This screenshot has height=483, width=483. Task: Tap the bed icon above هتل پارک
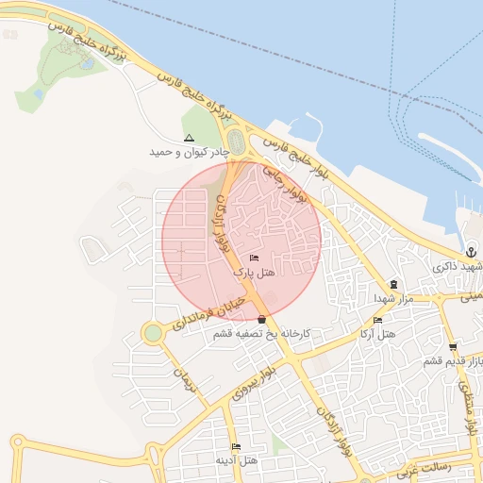pyautogui.click(x=253, y=258)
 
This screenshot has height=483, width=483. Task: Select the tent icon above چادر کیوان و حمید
pyautogui.click(x=189, y=138)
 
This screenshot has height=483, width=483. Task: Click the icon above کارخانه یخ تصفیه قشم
pyautogui.click(x=261, y=320)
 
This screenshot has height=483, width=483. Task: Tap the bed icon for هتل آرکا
pyautogui.click(x=377, y=320)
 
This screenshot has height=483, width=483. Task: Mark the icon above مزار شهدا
pyautogui.click(x=393, y=284)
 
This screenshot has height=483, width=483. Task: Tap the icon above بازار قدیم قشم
pyautogui.click(x=454, y=347)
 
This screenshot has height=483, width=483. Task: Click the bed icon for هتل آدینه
pyautogui.click(x=236, y=446)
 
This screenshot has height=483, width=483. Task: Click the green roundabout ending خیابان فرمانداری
pyautogui.click(x=152, y=333)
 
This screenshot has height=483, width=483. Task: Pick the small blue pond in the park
pyautogui.click(x=87, y=64)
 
